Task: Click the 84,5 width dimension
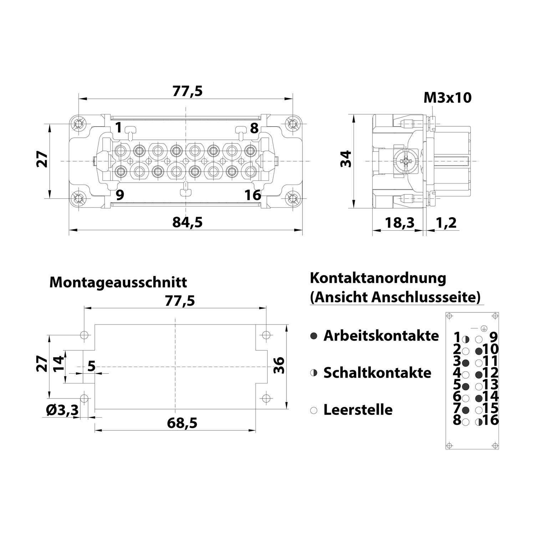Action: (x=187, y=222)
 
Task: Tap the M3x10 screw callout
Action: (x=447, y=97)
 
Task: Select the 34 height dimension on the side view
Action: (x=346, y=159)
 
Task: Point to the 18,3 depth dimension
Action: (x=399, y=223)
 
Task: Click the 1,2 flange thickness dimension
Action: (x=446, y=223)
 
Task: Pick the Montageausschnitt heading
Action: (x=118, y=282)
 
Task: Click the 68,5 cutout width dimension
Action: (x=182, y=423)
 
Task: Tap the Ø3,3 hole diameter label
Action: (x=62, y=411)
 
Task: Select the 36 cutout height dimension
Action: (x=279, y=365)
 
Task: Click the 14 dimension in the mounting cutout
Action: (x=59, y=364)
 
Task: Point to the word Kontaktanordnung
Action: (x=378, y=278)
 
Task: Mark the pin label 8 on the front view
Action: (x=254, y=128)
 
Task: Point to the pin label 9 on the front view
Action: (x=119, y=195)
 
